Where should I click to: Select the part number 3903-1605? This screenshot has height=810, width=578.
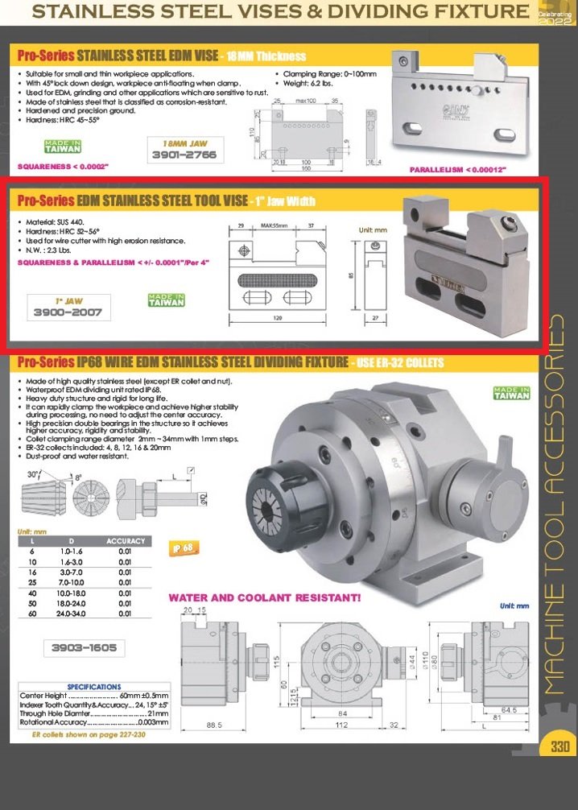[84, 647]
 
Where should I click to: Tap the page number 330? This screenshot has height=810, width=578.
[560, 746]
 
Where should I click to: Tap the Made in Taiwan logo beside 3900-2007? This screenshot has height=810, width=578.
[167, 300]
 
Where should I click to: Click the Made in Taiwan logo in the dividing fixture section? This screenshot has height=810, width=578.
[511, 392]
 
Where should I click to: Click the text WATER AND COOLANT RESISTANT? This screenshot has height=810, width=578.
[264, 598]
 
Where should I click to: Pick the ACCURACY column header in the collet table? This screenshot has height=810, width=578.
[126, 541]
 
